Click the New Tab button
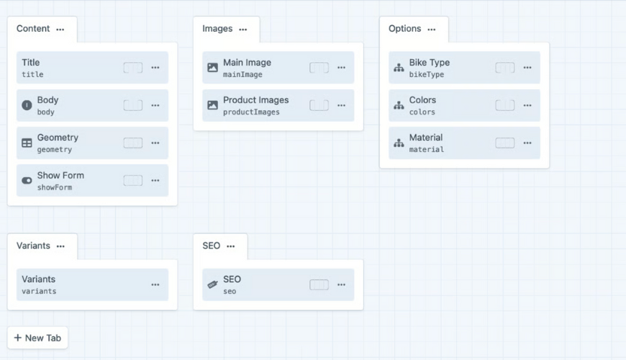tap(37, 338)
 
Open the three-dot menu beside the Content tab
tap(60, 30)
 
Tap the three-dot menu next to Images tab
tap(243, 30)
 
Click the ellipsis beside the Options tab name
tap(432, 30)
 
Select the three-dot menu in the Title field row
tap(155, 68)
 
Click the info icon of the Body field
tap(27, 105)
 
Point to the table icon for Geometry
tap(27, 143)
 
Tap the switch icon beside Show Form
tap(27, 180)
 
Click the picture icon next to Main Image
tap(213, 68)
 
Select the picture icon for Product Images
tap(213, 105)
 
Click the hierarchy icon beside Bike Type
tap(399, 68)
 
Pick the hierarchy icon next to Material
tap(399, 143)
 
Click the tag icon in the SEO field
tap(213, 284)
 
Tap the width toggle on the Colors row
tap(505, 105)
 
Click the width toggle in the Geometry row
tap(133, 143)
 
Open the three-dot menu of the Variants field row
tap(155, 284)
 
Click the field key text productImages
tap(251, 112)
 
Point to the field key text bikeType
tap(427, 75)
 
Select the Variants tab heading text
tap(33, 246)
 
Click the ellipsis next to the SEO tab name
tap(231, 246)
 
